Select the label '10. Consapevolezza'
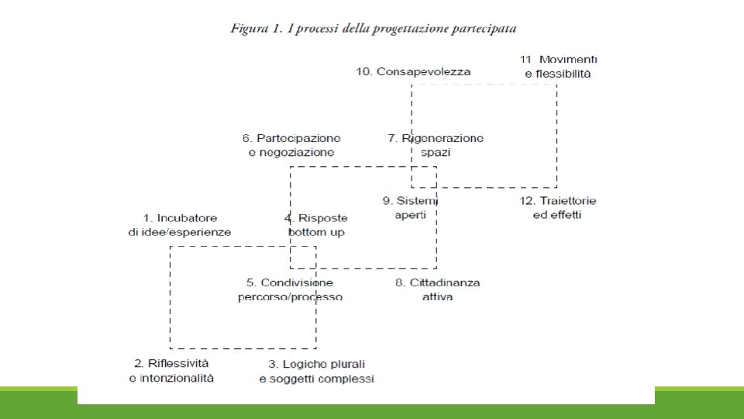[413, 71]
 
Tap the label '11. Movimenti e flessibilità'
[558, 67]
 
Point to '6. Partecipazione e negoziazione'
[291, 145]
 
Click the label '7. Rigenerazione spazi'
[436, 145]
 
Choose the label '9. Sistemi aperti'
[411, 208]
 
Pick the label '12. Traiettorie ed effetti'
[557, 208]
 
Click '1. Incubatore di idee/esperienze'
[180, 225]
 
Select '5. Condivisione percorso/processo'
[290, 289]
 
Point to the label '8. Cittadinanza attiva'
[437, 289]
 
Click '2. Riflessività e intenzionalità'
[171, 370]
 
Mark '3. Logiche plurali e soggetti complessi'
[316, 371]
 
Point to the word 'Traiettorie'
[568, 201]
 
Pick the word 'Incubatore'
[187, 218]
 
